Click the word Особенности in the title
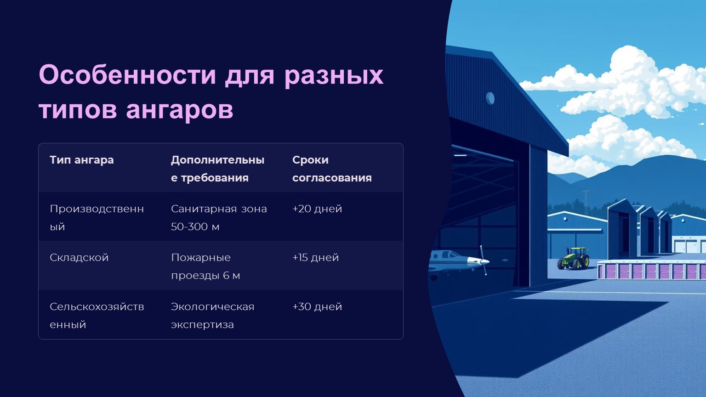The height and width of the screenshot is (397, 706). pos(127,75)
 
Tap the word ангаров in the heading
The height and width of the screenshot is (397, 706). pos(180,110)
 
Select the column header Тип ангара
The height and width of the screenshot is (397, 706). pos(82,160)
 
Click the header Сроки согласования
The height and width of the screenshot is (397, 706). pos(332,169)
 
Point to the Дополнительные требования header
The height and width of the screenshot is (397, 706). pos(217,169)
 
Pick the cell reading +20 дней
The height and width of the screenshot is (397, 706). pos(317,209)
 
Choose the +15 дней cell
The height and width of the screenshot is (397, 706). pos(315,257)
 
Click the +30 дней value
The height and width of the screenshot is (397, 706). pos(317,306)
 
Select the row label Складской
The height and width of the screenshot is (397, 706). pos(79,257)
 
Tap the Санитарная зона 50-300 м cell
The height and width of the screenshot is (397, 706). pos(219,217)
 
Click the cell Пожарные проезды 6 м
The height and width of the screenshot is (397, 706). pos(205,266)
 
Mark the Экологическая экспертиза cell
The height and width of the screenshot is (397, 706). pos(212,315)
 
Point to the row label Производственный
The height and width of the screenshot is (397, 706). pos(97,217)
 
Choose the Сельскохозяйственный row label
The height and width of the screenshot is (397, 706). pos(97,315)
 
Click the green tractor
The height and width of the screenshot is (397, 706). pos(573,258)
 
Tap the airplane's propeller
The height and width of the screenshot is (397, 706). pos(484,260)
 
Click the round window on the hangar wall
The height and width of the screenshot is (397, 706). pos(490,98)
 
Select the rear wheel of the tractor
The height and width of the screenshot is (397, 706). pos(585,261)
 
